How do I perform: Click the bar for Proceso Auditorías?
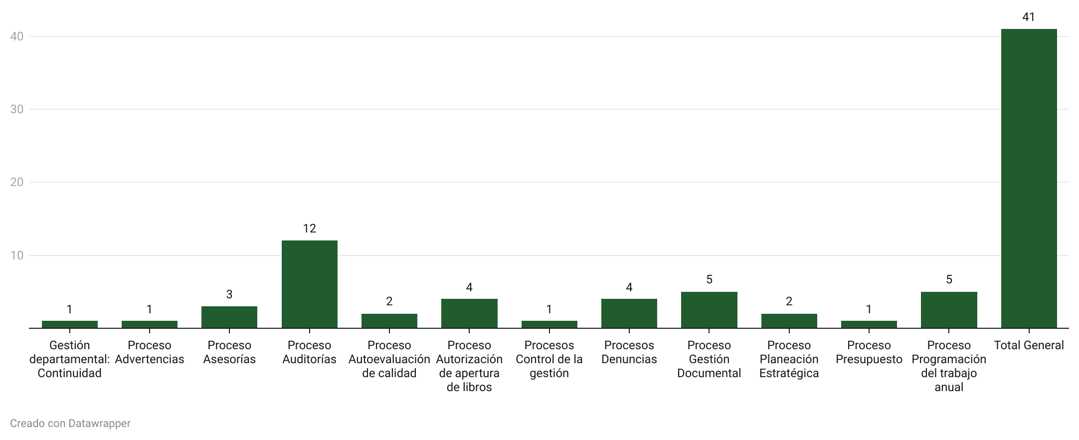[x=309, y=284]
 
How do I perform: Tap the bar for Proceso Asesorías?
[x=229, y=317]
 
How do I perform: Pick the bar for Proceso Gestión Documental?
[x=709, y=310]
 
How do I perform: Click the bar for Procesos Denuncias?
[x=629, y=314]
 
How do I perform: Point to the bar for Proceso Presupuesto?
[x=869, y=324]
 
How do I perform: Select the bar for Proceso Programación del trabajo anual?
[x=949, y=310]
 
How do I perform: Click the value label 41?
[x=1029, y=17]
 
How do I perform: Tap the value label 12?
[x=309, y=228]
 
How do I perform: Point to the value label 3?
[x=229, y=294]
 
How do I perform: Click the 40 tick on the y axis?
[x=17, y=36]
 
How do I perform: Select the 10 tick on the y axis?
[x=17, y=255]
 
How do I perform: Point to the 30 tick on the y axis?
[x=17, y=109]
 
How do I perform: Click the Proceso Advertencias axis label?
[x=150, y=352]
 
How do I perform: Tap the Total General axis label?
[x=1029, y=345]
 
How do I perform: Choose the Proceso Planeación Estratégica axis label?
[x=789, y=359]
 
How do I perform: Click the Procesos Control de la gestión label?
[x=549, y=359]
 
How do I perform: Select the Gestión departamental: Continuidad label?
[x=69, y=359]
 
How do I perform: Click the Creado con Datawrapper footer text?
[x=70, y=424]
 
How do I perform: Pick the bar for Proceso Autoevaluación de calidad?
[x=389, y=321]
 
